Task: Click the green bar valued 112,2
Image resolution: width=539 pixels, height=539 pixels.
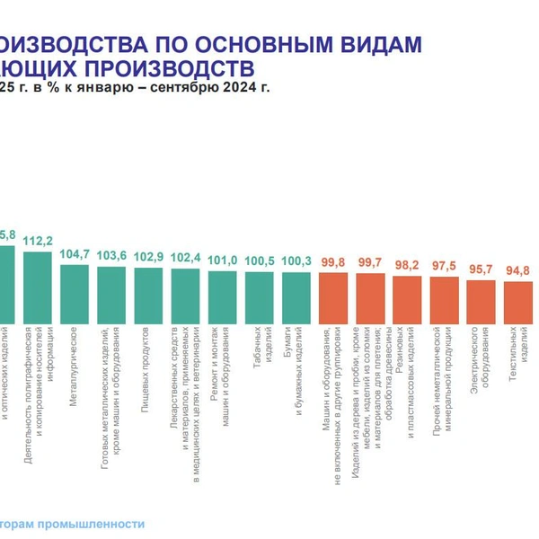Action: click(x=37, y=287)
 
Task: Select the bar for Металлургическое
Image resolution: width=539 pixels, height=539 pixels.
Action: click(x=74, y=293)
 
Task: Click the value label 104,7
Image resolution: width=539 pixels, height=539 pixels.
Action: click(x=75, y=254)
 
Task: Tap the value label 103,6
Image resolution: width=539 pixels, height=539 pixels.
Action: click(x=111, y=256)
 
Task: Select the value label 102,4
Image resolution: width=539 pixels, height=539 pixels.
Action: click(x=185, y=258)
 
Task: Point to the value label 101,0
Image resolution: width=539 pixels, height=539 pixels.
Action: click(x=222, y=261)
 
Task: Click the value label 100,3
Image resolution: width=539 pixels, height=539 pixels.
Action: click(x=296, y=261)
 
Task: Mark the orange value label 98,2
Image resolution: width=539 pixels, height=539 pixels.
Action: click(x=407, y=265)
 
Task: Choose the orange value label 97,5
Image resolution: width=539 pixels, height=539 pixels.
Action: click(x=444, y=266)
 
